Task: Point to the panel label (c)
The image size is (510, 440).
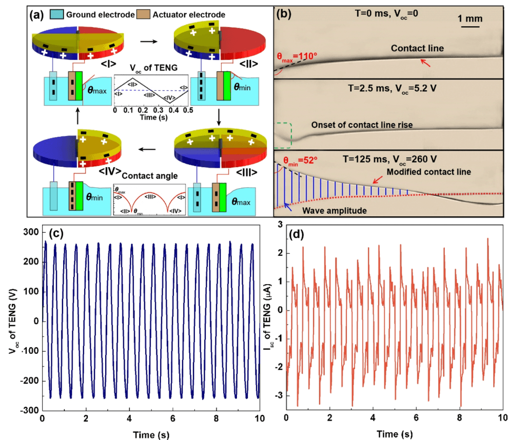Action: [56, 234]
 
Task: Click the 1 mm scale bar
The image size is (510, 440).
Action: [470, 26]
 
